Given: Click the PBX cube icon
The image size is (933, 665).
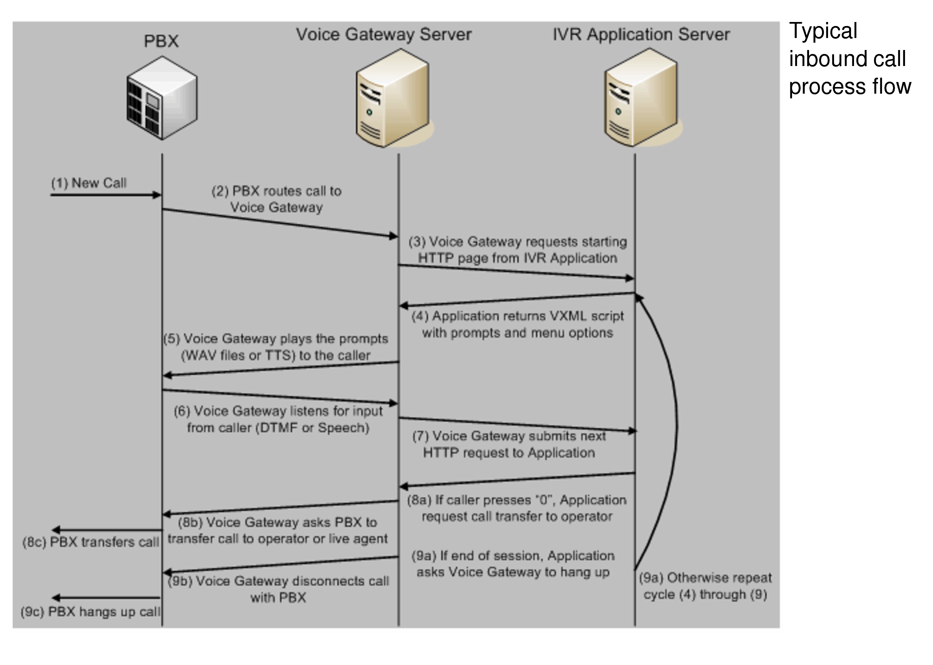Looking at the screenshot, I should point(162,98).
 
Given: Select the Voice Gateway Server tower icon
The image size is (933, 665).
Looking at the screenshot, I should point(392,98).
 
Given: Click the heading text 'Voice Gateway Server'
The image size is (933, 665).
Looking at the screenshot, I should point(384,34).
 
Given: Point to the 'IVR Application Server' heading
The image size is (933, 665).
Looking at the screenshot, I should point(641,34).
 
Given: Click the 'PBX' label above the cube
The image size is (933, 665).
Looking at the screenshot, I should point(161,41).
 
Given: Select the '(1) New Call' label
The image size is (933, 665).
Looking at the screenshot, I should point(89,183).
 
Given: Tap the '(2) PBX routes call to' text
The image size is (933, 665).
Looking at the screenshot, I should point(276,191).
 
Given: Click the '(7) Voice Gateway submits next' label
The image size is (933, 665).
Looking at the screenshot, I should point(508,436).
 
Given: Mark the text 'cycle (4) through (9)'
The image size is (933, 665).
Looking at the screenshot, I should point(705,595).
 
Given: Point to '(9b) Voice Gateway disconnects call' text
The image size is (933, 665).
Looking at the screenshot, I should point(278,581).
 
